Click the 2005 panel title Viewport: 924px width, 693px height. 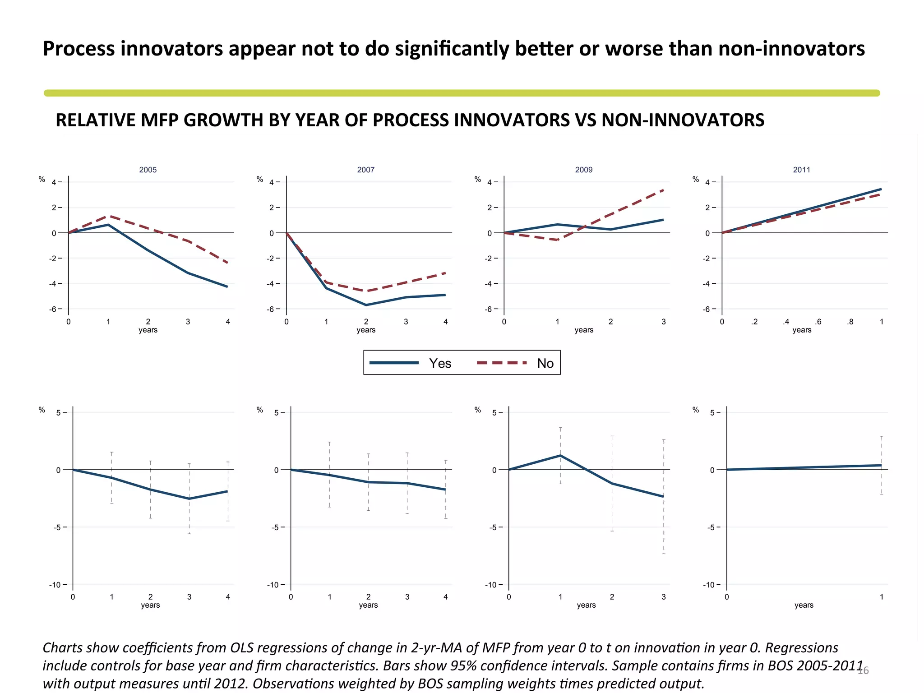pos(148,170)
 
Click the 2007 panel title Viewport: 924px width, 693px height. pos(365,170)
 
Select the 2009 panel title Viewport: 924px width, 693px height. pos(583,170)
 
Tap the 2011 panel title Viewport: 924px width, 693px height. pos(801,170)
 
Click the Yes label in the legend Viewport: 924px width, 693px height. pos(440,363)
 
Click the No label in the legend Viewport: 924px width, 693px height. pos(545,363)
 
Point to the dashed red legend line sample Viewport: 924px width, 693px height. pos(502,363)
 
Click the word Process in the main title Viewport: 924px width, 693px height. pos(78,49)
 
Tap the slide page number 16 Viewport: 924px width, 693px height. pos(863,670)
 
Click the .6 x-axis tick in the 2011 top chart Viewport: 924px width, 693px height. pos(818,322)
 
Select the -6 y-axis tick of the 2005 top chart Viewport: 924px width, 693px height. pos(53,309)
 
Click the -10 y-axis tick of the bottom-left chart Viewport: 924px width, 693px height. pos(55,585)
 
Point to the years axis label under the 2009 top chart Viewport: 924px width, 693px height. pos(583,330)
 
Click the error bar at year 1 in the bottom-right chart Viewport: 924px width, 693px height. pos(881,466)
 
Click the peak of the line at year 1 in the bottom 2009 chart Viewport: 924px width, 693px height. pos(560,456)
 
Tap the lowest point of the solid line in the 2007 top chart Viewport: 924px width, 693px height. pos(366,305)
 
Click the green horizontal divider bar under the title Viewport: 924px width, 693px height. pos(462,93)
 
